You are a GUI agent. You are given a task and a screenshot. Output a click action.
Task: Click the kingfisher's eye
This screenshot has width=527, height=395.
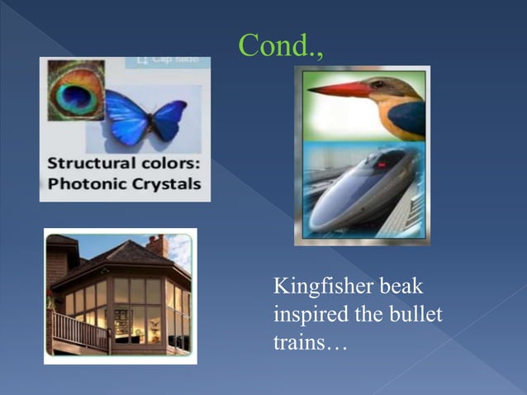click(x=378, y=84)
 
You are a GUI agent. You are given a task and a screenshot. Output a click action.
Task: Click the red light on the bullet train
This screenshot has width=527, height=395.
click(x=382, y=164)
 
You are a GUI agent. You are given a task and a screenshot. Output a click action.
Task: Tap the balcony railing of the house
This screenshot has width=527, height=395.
click(x=80, y=331)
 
